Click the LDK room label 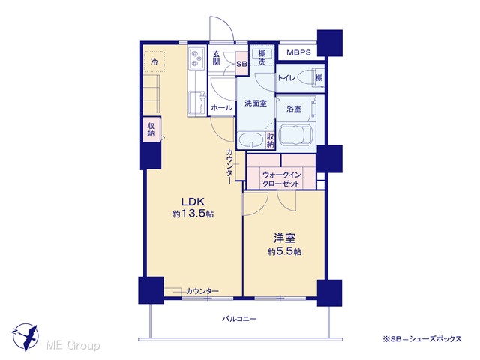coord(193,202)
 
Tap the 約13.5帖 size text coord(193,214)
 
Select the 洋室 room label coord(284,238)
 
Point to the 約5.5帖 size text coord(285,252)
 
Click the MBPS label coord(298,52)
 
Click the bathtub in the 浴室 coord(295,135)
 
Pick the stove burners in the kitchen coord(196,58)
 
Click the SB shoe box coord(242,63)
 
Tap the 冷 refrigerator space coord(154,61)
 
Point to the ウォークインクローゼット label coord(281,179)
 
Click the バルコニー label coord(239,319)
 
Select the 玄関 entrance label coord(216,58)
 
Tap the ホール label coord(222,108)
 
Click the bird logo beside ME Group coord(25,337)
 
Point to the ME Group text coord(73,346)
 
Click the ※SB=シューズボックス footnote coord(421,338)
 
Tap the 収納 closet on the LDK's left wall coord(151,130)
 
